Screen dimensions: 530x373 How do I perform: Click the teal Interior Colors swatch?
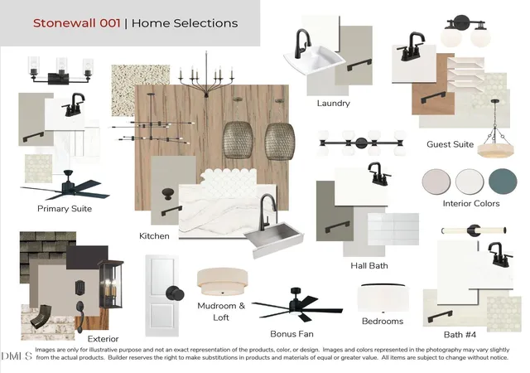[503, 182]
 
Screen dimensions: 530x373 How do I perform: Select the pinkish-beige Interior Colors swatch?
[436, 182]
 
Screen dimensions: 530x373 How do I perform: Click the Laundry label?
[333, 104]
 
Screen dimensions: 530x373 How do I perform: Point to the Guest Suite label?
[450, 144]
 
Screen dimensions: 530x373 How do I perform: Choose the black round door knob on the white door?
[175, 293]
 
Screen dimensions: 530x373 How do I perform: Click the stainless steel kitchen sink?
[274, 239]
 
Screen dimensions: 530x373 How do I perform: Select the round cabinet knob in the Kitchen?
[168, 194]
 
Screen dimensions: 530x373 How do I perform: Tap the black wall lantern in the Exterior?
[110, 284]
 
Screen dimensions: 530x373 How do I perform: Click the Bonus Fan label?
[291, 334]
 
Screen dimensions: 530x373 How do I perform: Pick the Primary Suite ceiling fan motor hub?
[69, 186]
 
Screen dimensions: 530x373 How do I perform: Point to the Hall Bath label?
[369, 266]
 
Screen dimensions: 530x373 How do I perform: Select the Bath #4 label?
[460, 335]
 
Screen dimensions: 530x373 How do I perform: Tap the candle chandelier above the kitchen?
[206, 75]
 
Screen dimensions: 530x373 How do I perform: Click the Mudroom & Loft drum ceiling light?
[223, 282]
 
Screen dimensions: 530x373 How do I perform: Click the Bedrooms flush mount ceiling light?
[383, 298]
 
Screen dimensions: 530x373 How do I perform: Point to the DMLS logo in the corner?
[17, 356]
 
